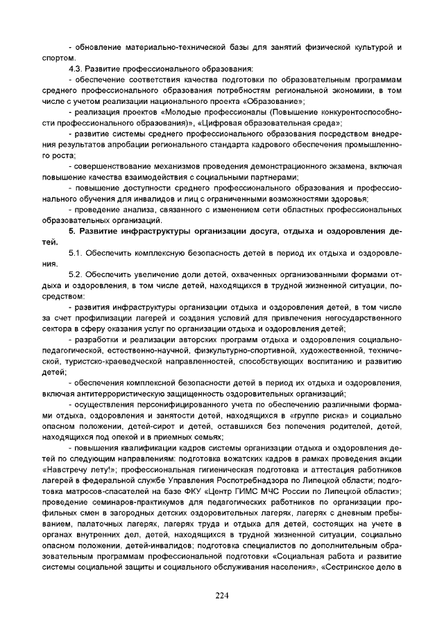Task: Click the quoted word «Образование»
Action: tap(275, 101)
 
